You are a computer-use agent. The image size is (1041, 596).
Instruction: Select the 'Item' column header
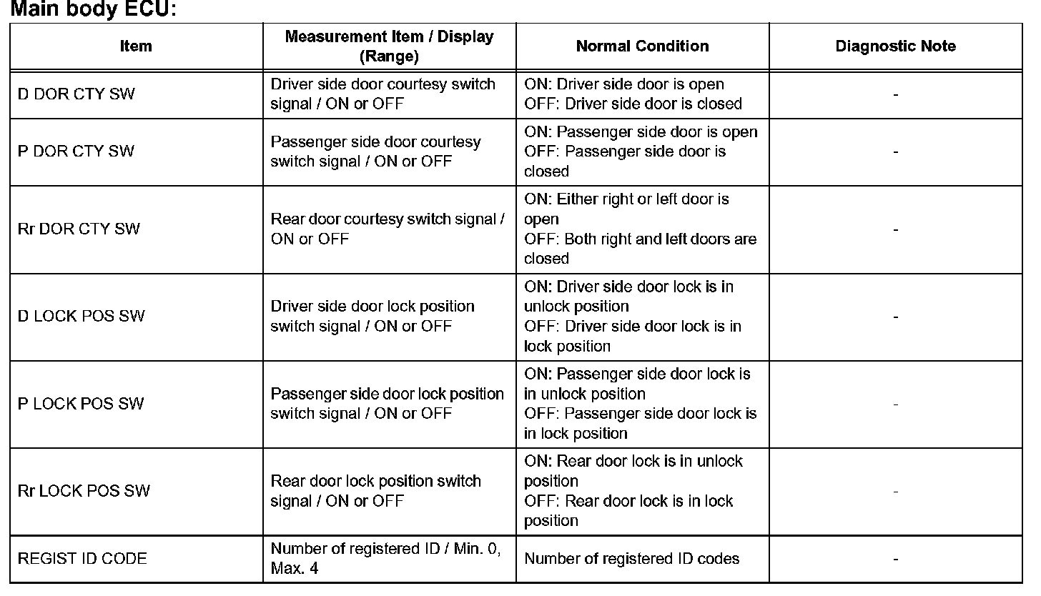(136, 46)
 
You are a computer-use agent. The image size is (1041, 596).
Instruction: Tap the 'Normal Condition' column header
(642, 46)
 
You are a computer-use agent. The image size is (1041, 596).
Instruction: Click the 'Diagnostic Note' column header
(895, 46)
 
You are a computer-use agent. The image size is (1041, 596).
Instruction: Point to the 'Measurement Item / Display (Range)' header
(389, 46)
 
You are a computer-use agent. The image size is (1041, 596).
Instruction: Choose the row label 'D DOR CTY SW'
(76, 94)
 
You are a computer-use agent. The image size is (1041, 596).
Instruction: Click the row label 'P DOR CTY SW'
(76, 152)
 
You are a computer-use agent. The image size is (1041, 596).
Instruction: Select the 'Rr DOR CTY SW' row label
(79, 229)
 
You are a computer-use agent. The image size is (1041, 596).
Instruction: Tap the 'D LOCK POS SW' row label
(81, 317)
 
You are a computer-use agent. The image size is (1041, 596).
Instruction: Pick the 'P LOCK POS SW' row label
(81, 404)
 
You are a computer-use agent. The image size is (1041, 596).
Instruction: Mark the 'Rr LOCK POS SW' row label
(84, 491)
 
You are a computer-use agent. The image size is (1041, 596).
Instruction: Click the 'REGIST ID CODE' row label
(82, 559)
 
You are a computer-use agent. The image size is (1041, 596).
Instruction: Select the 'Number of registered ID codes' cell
(631, 559)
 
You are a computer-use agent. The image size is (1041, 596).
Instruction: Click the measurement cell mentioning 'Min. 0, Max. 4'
(389, 559)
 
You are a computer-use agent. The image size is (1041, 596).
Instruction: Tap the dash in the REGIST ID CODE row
(895, 559)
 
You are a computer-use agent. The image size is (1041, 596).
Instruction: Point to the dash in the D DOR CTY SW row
(895, 94)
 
